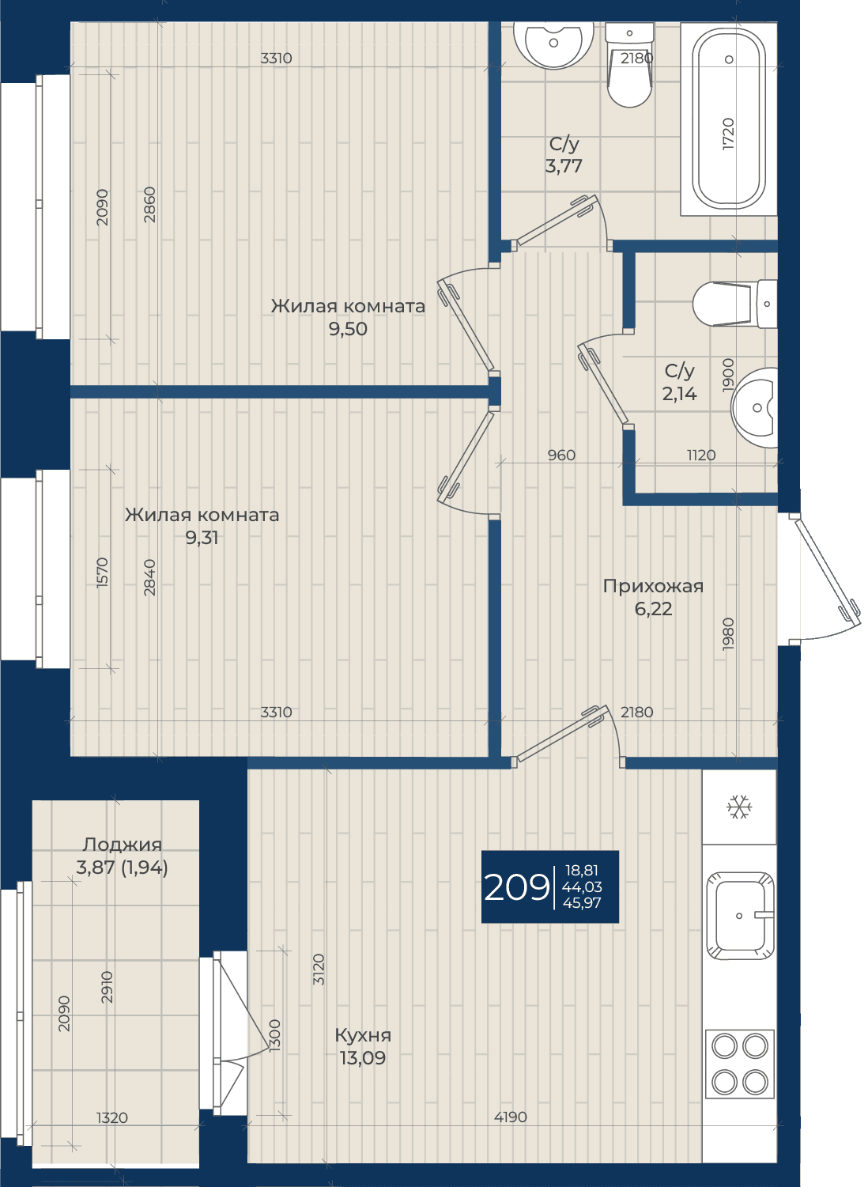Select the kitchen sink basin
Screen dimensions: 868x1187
tap(740, 916)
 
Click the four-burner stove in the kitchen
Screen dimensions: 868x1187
tap(740, 1064)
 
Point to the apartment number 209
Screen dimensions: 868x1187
tap(517, 887)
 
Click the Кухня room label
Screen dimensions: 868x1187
tap(363, 1035)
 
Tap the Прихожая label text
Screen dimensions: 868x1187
tap(653, 586)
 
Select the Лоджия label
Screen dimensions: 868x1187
tap(122, 845)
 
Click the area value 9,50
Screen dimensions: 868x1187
tap(347, 329)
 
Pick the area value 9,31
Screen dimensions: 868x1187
tap(202, 538)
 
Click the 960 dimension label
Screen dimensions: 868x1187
tap(561, 456)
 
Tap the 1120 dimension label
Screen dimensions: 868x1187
tap(701, 456)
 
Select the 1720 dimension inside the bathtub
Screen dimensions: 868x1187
tap(729, 134)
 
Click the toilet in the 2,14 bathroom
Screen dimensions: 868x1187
tap(734, 304)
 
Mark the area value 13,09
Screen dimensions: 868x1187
tap(363, 1058)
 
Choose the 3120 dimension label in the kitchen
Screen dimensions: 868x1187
tap(319, 970)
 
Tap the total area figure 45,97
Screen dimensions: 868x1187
tap(582, 902)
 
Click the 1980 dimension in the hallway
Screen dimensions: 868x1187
tap(729, 633)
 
